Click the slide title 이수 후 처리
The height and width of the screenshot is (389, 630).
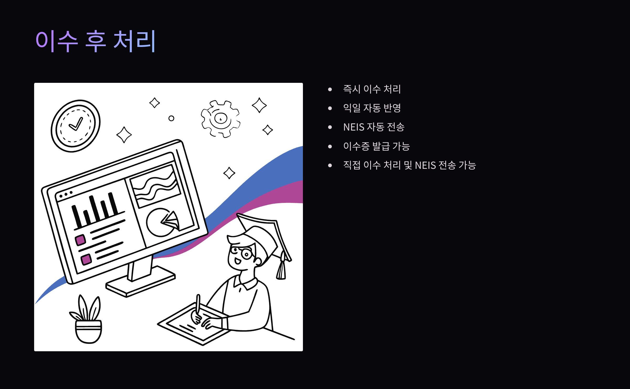coord(96,41)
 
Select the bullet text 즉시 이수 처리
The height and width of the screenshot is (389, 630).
coord(372,89)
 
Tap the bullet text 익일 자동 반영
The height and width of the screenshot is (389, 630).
coord(372,108)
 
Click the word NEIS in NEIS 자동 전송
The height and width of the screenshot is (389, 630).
coord(354,127)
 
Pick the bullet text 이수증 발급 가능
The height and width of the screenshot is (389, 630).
coord(376,146)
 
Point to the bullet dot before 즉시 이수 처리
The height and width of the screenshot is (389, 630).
coord(330,89)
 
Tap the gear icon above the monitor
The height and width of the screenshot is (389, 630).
coord(220,119)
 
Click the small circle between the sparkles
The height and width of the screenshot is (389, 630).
coord(171,118)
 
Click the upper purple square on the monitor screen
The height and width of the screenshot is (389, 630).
coord(80,240)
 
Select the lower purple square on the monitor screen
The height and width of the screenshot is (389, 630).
coord(86,259)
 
